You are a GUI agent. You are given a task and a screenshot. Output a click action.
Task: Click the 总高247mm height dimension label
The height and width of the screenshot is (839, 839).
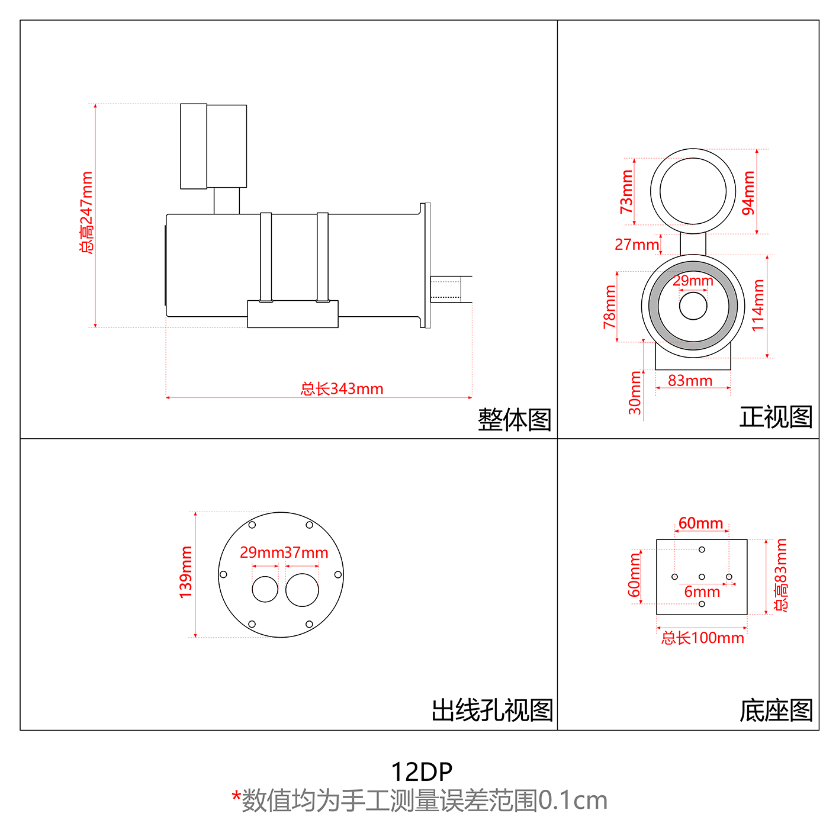pyautogui.click(x=86, y=213)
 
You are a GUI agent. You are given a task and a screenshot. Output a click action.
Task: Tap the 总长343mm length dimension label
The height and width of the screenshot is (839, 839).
pyautogui.click(x=342, y=389)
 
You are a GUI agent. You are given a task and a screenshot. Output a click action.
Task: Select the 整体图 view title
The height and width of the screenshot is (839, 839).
pyautogui.click(x=514, y=419)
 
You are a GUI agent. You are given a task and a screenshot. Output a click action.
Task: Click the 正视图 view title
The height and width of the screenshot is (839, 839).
pyautogui.click(x=776, y=417)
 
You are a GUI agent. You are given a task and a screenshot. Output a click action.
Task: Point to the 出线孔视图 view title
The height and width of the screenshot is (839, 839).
pyautogui.click(x=492, y=710)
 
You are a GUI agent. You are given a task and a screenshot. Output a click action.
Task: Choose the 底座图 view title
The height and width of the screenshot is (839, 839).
pyautogui.click(x=776, y=710)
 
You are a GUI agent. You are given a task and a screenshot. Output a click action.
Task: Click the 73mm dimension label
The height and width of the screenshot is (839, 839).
pyautogui.click(x=626, y=191)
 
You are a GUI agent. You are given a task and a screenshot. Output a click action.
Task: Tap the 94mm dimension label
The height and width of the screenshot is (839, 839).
pyautogui.click(x=748, y=192)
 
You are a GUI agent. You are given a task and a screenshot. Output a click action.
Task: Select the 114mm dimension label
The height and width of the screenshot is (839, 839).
pyautogui.click(x=758, y=306)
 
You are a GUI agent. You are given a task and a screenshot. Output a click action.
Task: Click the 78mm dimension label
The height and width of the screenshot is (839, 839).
pyautogui.click(x=610, y=306)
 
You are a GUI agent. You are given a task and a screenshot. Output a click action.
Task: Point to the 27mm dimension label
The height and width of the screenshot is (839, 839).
pyautogui.click(x=637, y=245)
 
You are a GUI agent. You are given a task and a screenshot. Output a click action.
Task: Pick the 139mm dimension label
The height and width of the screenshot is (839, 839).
pyautogui.click(x=186, y=572)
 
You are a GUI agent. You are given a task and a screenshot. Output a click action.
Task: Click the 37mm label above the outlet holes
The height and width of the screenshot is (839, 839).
pyautogui.click(x=306, y=553)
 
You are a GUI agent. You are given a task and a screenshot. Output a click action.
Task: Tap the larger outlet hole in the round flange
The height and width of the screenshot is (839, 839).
pyautogui.click(x=302, y=590)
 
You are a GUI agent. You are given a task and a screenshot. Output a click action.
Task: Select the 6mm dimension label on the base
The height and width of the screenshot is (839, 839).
pyautogui.click(x=702, y=592)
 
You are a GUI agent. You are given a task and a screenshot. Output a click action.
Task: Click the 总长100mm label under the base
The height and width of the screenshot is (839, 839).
pyautogui.click(x=702, y=638)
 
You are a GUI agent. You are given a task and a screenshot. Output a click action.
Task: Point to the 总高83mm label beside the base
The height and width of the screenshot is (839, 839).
pyautogui.click(x=781, y=575)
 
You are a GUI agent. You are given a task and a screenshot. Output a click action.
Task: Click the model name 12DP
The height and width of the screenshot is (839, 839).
pyautogui.click(x=422, y=772)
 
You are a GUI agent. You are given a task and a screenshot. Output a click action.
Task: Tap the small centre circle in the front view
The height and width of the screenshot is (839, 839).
pyautogui.click(x=693, y=306)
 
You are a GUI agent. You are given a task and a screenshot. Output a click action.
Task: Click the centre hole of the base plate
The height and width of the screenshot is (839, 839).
pyautogui.click(x=702, y=577)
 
